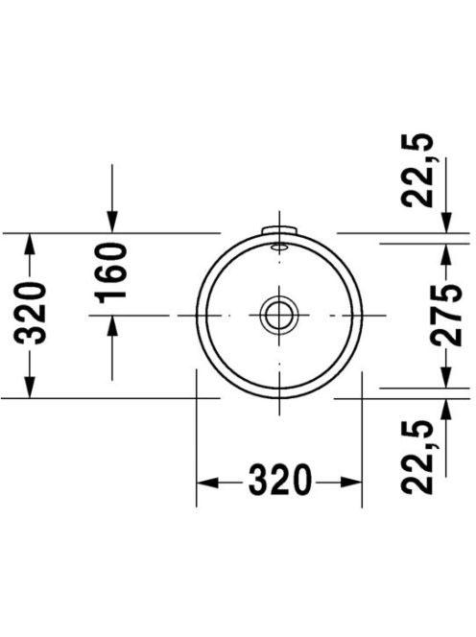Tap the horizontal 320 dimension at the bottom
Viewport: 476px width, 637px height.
279,482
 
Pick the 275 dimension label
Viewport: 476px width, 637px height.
446,316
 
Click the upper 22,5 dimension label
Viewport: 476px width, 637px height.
416,170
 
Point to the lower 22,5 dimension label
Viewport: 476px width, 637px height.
416,457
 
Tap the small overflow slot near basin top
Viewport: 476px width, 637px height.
279,247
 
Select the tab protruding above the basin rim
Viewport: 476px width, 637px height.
279,230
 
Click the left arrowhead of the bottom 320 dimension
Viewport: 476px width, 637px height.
207,483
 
